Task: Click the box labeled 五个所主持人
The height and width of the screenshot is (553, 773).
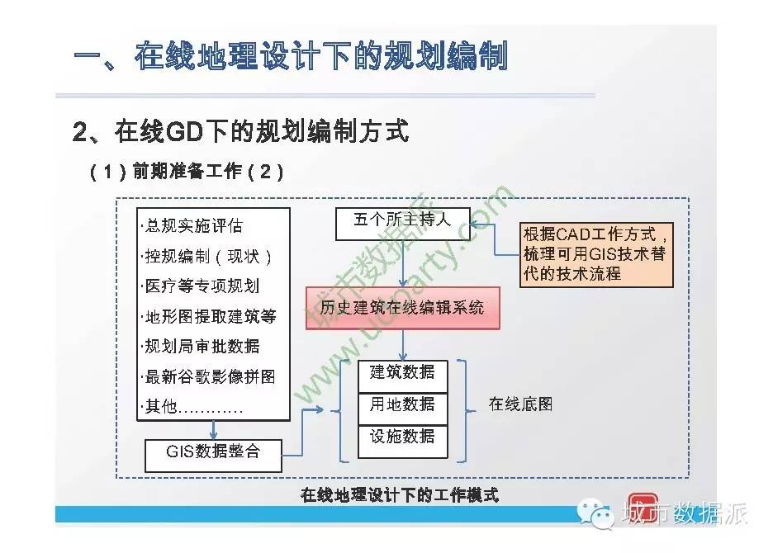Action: point(403,224)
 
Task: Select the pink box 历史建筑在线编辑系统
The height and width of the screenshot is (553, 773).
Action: point(403,308)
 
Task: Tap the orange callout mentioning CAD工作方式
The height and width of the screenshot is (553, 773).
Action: point(596,254)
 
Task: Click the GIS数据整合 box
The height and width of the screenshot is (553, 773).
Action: point(213,456)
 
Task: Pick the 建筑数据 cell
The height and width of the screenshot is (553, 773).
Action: point(403,376)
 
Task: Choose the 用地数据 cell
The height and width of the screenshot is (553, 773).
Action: point(403,409)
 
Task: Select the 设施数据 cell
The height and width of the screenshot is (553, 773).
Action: point(403,442)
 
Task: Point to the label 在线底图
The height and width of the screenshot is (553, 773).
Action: point(520,404)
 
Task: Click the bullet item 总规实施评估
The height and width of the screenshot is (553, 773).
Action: point(192,225)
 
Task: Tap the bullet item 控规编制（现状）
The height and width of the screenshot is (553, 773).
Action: point(206,257)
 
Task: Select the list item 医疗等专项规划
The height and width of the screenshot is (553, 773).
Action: point(200,286)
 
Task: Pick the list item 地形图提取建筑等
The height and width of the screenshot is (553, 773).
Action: point(209,316)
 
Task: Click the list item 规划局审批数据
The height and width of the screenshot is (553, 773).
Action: point(200,347)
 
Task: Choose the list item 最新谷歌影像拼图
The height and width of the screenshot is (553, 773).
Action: point(208,377)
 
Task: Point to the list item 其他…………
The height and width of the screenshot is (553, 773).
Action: point(192,407)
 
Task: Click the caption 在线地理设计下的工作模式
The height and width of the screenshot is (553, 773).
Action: point(400,494)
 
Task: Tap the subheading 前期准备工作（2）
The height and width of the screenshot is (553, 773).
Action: point(187,172)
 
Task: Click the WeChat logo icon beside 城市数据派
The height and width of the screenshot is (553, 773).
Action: point(596,513)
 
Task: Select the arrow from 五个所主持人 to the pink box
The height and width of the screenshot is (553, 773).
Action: point(403,263)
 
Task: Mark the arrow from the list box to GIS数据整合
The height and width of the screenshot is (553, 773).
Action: point(213,430)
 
